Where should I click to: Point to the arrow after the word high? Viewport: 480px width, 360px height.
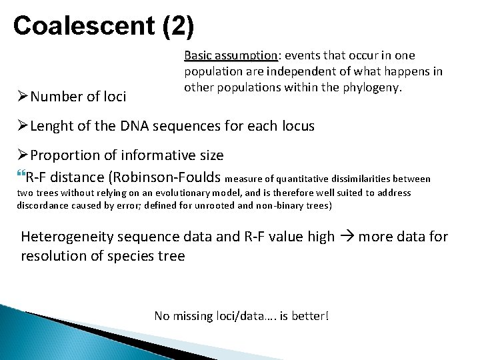click(x=347, y=237)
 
